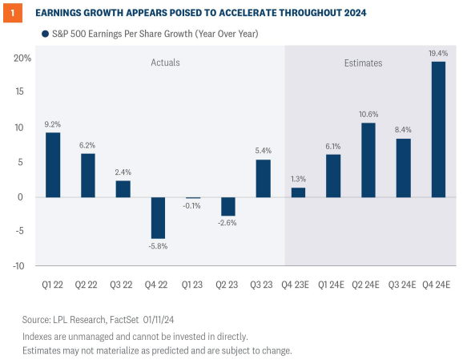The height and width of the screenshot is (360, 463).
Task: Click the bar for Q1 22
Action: (x=53, y=164)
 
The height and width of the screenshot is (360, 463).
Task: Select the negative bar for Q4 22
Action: (x=158, y=217)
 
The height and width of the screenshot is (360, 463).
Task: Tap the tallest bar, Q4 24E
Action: (x=439, y=129)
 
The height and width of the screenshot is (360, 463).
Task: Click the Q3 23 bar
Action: (x=264, y=178)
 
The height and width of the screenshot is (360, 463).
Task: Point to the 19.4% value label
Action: (x=439, y=52)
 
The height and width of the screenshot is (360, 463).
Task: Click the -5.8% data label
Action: (x=158, y=246)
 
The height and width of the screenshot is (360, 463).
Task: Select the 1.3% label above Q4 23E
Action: (x=299, y=179)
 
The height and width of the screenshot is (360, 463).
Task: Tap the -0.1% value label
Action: (x=193, y=206)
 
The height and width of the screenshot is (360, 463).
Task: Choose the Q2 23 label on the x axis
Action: (x=228, y=285)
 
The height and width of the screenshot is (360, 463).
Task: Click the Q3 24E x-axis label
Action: (x=404, y=285)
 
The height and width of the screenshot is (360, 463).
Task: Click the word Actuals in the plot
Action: (x=166, y=62)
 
